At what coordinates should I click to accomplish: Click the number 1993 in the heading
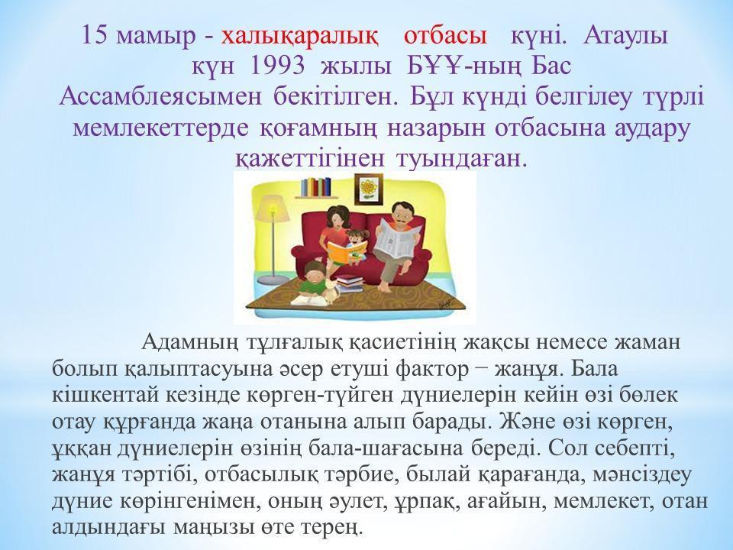click(278, 66)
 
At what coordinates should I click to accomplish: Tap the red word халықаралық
click(299, 36)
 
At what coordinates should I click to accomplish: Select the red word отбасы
click(444, 36)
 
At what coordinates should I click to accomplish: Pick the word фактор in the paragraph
click(431, 370)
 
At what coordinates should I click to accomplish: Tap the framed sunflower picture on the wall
click(369, 189)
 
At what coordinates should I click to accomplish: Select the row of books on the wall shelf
click(315, 187)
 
